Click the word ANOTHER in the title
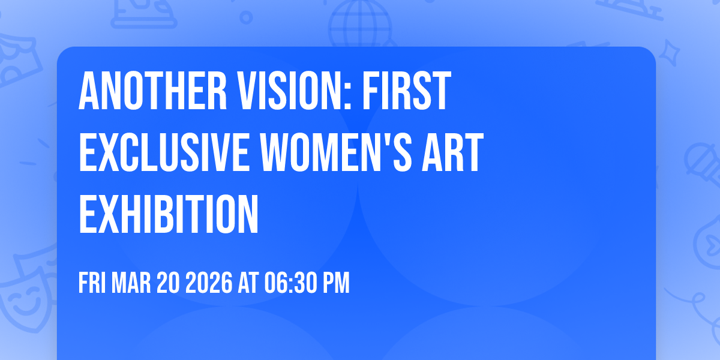[x=152, y=91]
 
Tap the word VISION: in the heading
[x=295, y=91]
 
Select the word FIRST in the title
[x=407, y=91]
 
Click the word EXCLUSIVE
[x=164, y=152]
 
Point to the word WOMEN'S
[x=336, y=152]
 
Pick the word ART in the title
[x=452, y=152]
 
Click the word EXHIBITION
[x=169, y=214]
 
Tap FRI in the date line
[x=92, y=283]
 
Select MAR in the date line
[x=131, y=283]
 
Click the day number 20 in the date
[x=168, y=283]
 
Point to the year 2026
[x=209, y=283]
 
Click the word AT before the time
[x=248, y=283]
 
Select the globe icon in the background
[x=360, y=24]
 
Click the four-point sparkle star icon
[x=669, y=53]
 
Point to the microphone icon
[x=703, y=164]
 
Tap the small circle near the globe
[x=246, y=17]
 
